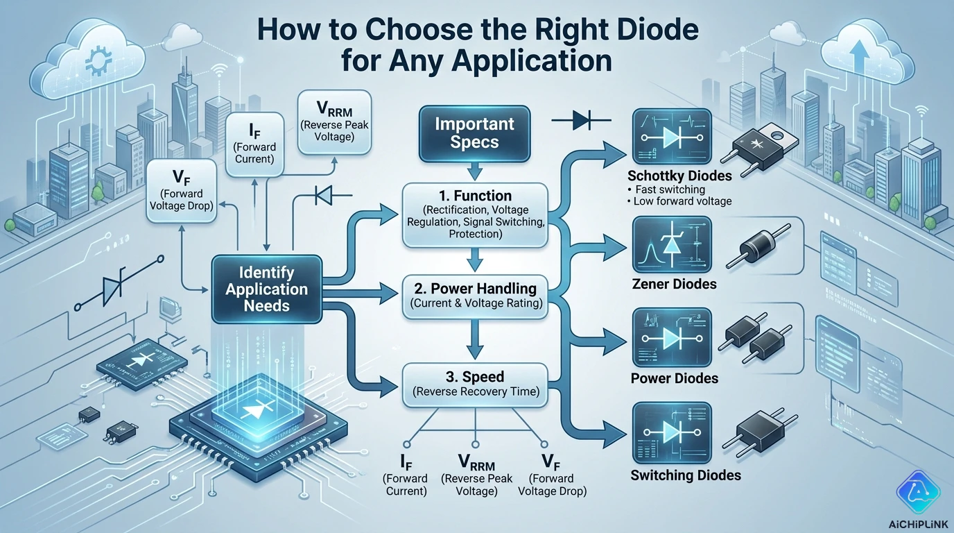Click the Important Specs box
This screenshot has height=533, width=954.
474,134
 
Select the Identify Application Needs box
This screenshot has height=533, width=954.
267,289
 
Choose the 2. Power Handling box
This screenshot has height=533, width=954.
474,294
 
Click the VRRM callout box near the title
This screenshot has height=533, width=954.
335,122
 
